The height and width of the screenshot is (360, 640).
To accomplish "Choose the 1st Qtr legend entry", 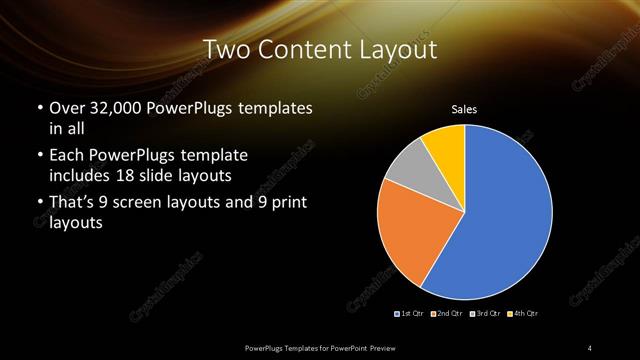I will coord(409,314).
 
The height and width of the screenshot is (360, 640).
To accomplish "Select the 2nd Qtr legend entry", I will coord(447,314).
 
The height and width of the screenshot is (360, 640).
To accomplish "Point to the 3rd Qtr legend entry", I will coord(486,314).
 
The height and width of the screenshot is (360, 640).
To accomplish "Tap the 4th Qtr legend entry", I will coord(524,314).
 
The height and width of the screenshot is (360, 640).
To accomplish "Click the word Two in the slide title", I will coord(227,50).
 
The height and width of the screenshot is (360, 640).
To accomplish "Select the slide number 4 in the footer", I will coord(590,347).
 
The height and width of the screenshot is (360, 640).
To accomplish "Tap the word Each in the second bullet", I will coord(65,156).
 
